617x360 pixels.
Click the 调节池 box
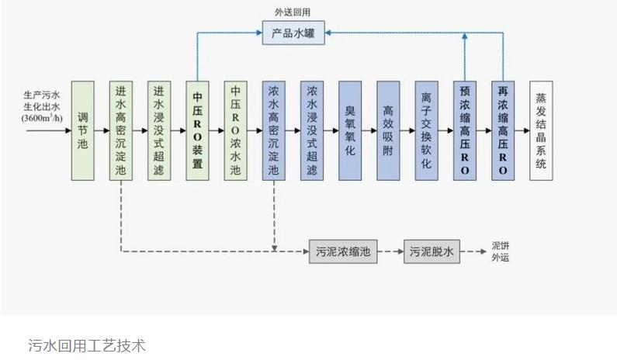pyautogui.click(x=83, y=130)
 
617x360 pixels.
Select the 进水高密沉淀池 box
pyautogui.click(x=121, y=130)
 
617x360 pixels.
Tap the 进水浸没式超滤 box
pyautogui.click(x=159, y=130)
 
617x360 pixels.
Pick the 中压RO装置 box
pyautogui.click(x=197, y=130)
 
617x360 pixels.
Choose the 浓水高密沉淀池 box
pyautogui.click(x=274, y=130)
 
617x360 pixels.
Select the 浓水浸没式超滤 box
pyautogui.click(x=312, y=130)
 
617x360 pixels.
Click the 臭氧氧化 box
pyautogui.click(x=350, y=130)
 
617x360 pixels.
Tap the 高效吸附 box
pyautogui.click(x=388, y=130)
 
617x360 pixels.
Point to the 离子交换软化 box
pyautogui.click(x=426, y=130)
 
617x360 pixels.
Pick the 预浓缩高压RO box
pyautogui.click(x=465, y=130)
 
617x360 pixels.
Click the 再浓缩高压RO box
pyautogui.click(x=503, y=130)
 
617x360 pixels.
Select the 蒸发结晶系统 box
pyautogui.click(x=541, y=130)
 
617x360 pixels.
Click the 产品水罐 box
pyautogui.click(x=293, y=33)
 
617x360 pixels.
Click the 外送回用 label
pyautogui.click(x=293, y=12)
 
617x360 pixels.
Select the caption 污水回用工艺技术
pyautogui.click(x=87, y=344)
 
